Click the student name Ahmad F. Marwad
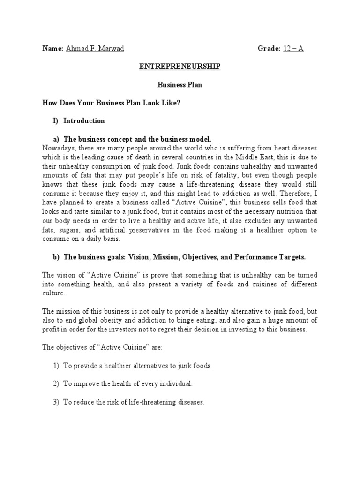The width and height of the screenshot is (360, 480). (95, 49)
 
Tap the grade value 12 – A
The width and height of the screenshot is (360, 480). (293, 49)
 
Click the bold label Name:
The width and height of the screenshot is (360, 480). (52, 49)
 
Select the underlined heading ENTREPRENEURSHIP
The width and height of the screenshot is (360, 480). (180, 67)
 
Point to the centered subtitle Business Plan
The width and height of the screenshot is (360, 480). (180, 86)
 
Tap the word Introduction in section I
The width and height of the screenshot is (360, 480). (84, 121)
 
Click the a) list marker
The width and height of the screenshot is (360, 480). (56, 139)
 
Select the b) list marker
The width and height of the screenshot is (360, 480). (56, 257)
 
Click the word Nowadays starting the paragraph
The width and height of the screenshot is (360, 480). (58, 148)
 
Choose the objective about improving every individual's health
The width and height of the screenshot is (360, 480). (128, 384)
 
